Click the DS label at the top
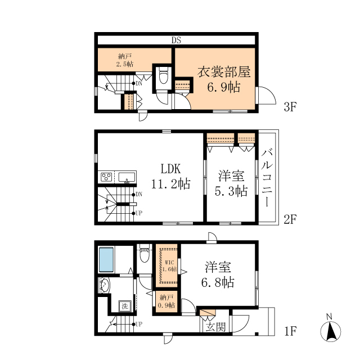[176, 40]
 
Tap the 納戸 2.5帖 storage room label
[125, 60]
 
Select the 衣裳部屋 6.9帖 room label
[224, 79]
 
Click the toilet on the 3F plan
[163, 75]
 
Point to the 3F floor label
[290, 107]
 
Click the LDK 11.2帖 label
[170, 177]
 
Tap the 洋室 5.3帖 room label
[231, 183]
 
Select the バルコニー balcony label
[267, 178]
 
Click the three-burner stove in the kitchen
[106, 177]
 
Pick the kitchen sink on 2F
[127, 178]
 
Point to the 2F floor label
[290, 219]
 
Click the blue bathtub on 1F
[106, 259]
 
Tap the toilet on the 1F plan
[145, 254]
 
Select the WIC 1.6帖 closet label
[169, 265]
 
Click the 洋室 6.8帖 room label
[218, 274]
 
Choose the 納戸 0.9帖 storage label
[166, 301]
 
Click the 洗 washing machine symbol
[125, 306]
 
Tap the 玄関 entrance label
[216, 327]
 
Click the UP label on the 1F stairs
[139, 324]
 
